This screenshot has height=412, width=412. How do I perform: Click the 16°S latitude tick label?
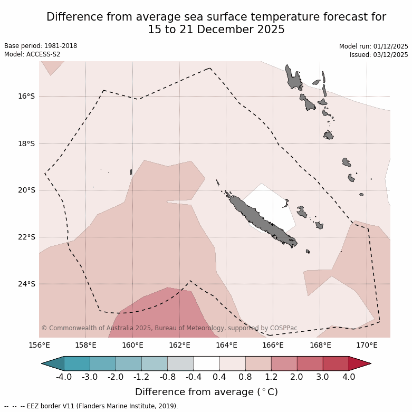(26, 97)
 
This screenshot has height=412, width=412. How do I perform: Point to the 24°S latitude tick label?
(26, 284)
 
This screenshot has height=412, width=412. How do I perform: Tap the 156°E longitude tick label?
(39, 346)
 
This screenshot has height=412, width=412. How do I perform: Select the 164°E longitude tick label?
(226, 346)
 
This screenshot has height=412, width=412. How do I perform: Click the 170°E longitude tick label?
(367, 346)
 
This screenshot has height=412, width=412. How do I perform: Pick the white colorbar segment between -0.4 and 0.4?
(206, 363)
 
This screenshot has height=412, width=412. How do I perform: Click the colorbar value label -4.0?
(64, 377)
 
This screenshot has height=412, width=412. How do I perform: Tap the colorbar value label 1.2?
(271, 377)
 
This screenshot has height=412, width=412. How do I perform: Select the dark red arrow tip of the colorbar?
(360, 363)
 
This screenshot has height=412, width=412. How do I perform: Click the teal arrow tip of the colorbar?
(53, 363)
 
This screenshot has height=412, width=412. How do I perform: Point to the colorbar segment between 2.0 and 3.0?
(310, 363)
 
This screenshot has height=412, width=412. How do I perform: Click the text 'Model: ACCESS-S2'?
(32, 54)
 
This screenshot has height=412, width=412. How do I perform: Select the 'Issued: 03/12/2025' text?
(379, 55)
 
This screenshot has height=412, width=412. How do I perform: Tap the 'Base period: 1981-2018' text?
(41, 46)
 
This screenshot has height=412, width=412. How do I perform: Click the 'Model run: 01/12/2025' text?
(373, 46)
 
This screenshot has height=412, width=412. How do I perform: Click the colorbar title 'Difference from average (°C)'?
(206, 392)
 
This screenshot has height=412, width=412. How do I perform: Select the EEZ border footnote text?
(91, 406)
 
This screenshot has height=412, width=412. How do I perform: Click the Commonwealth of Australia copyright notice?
(169, 328)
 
